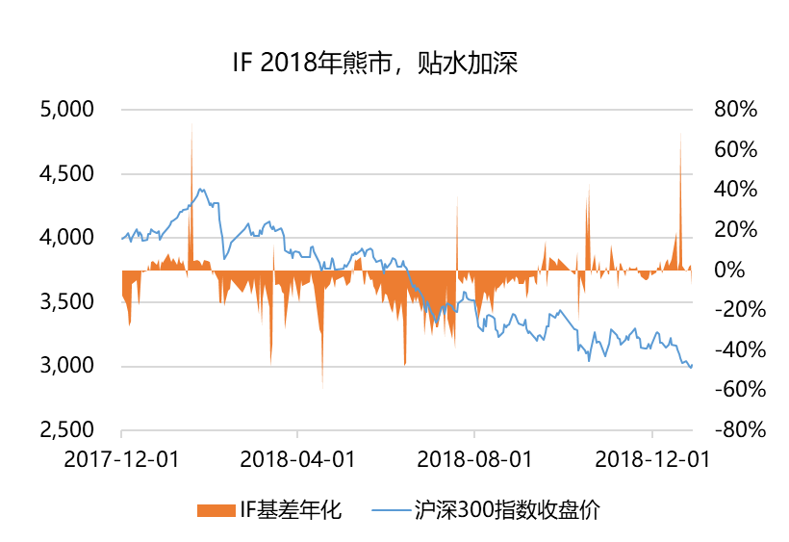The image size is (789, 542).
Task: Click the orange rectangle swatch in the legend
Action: point(216,510)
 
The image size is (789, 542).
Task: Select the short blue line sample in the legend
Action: point(391,510)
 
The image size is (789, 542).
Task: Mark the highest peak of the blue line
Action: point(202,190)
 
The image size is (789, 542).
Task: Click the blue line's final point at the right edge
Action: point(691,366)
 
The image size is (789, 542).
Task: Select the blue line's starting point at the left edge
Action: point(123,237)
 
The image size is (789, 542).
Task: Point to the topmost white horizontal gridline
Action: point(406,110)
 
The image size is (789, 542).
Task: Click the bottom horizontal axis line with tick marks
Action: point(406,430)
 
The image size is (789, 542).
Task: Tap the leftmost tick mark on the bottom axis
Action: point(121,434)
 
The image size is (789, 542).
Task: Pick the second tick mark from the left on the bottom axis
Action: point(297,434)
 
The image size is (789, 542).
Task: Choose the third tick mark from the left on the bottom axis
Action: point(474,434)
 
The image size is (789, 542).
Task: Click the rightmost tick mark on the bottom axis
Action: point(652,434)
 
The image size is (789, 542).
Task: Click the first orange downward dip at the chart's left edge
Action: point(129,323)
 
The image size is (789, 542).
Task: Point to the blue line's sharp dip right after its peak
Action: point(225,257)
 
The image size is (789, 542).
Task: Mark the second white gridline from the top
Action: point(406,174)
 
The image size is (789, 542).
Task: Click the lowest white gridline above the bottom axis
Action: point(406,367)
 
